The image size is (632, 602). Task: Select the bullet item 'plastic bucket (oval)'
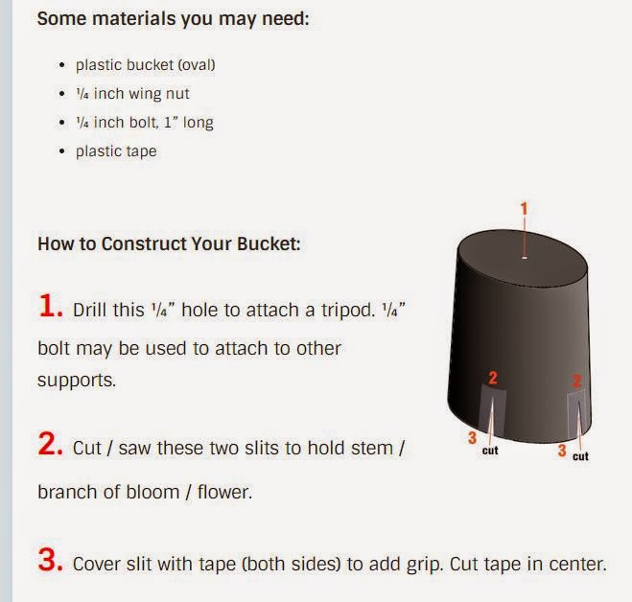(x=146, y=65)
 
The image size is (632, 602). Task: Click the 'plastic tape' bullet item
(x=116, y=151)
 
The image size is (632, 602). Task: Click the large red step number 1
(x=51, y=306)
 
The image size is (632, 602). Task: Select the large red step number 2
(x=51, y=444)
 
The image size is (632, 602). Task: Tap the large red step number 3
(x=51, y=559)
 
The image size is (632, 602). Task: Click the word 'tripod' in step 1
(x=346, y=311)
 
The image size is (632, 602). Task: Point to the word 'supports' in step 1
(x=76, y=381)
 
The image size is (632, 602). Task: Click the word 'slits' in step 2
(x=272, y=448)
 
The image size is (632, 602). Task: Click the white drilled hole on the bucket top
(x=525, y=258)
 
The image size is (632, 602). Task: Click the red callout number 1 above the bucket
(x=524, y=209)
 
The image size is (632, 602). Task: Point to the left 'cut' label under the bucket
(x=490, y=451)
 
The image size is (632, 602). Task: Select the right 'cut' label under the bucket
(x=580, y=456)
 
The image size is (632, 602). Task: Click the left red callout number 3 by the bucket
(x=473, y=438)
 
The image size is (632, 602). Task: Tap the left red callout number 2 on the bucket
(x=493, y=378)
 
